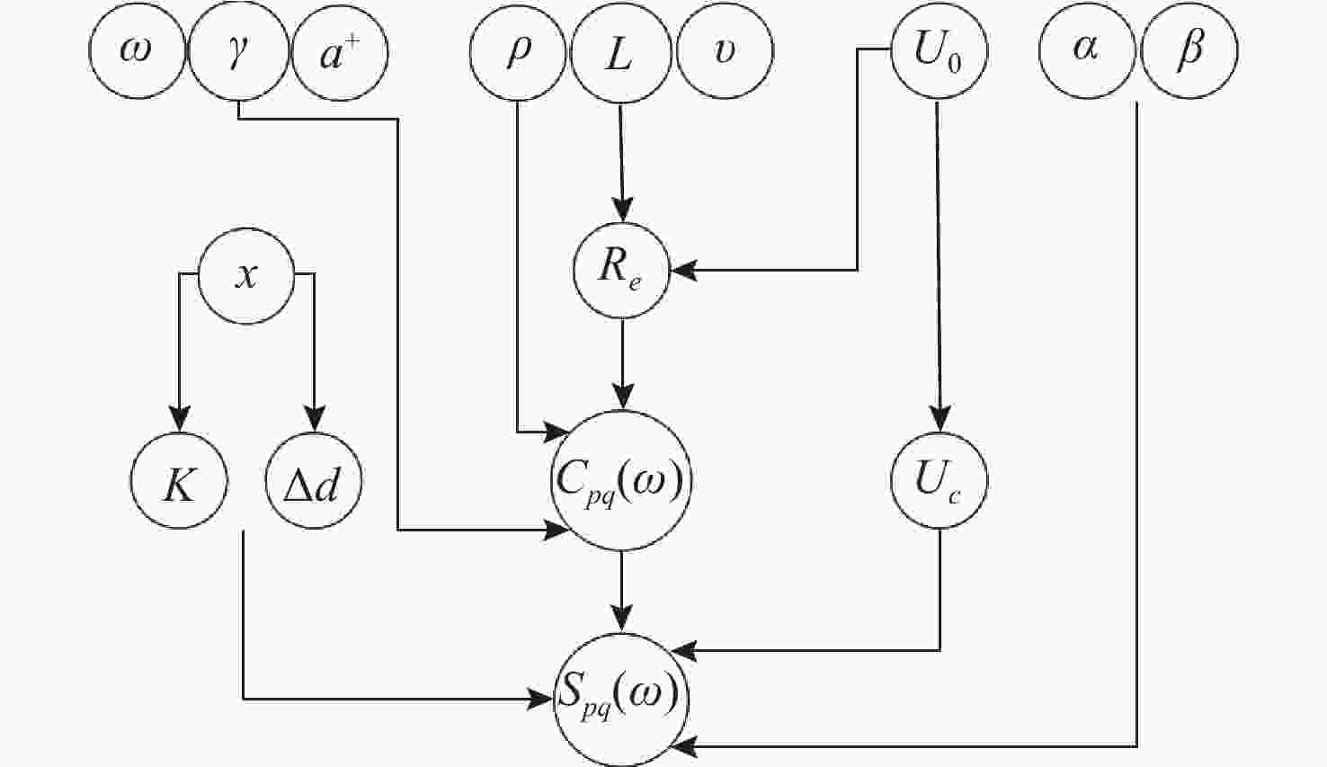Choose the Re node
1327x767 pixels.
(621, 270)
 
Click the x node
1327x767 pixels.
(245, 275)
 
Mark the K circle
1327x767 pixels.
(180, 483)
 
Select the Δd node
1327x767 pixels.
(314, 483)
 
